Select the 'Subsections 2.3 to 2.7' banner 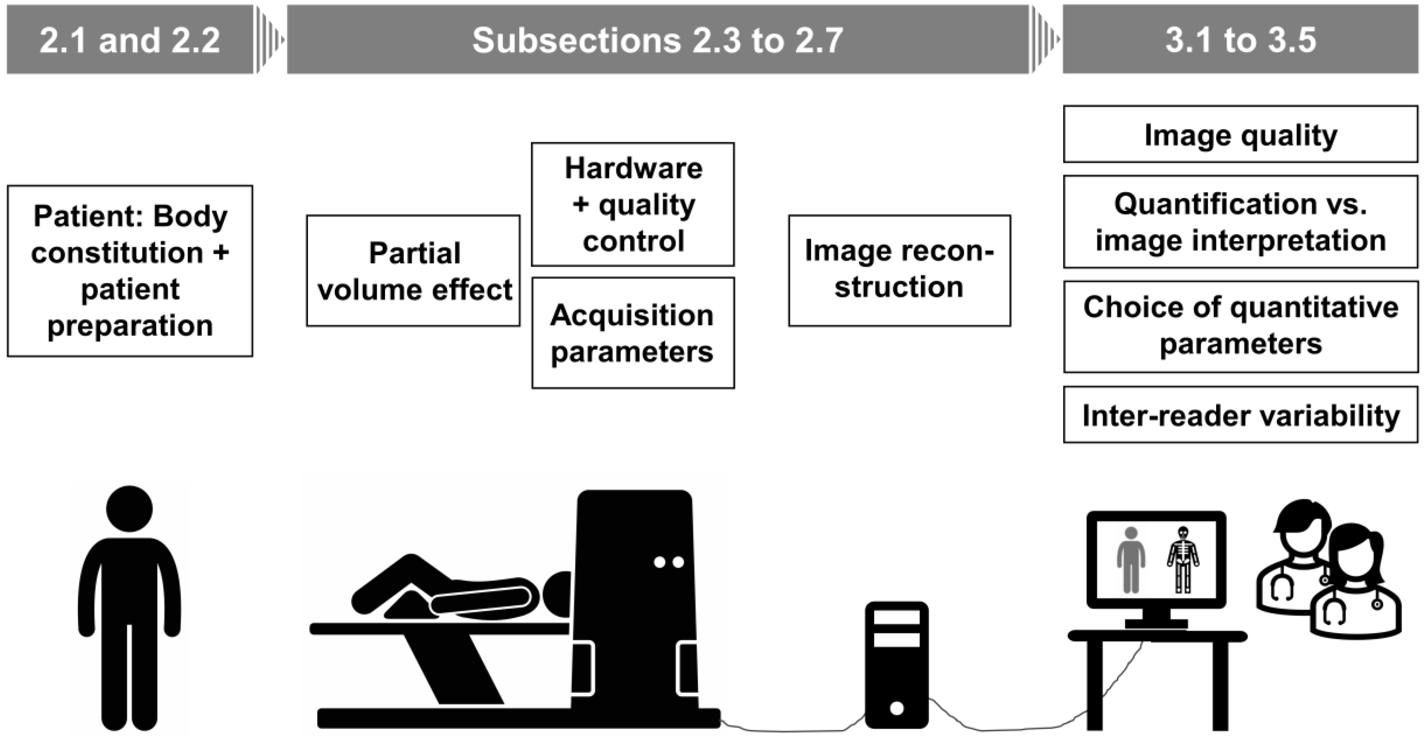coord(657,40)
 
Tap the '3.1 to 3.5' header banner coord(1240,40)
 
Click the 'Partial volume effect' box coord(413,271)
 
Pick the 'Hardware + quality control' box coord(633,205)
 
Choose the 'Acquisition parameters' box coord(633,333)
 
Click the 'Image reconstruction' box coord(899,270)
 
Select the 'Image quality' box coord(1240,135)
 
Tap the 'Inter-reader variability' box coord(1240,415)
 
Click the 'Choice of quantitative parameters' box coord(1240,327)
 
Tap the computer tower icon coord(896,664)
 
